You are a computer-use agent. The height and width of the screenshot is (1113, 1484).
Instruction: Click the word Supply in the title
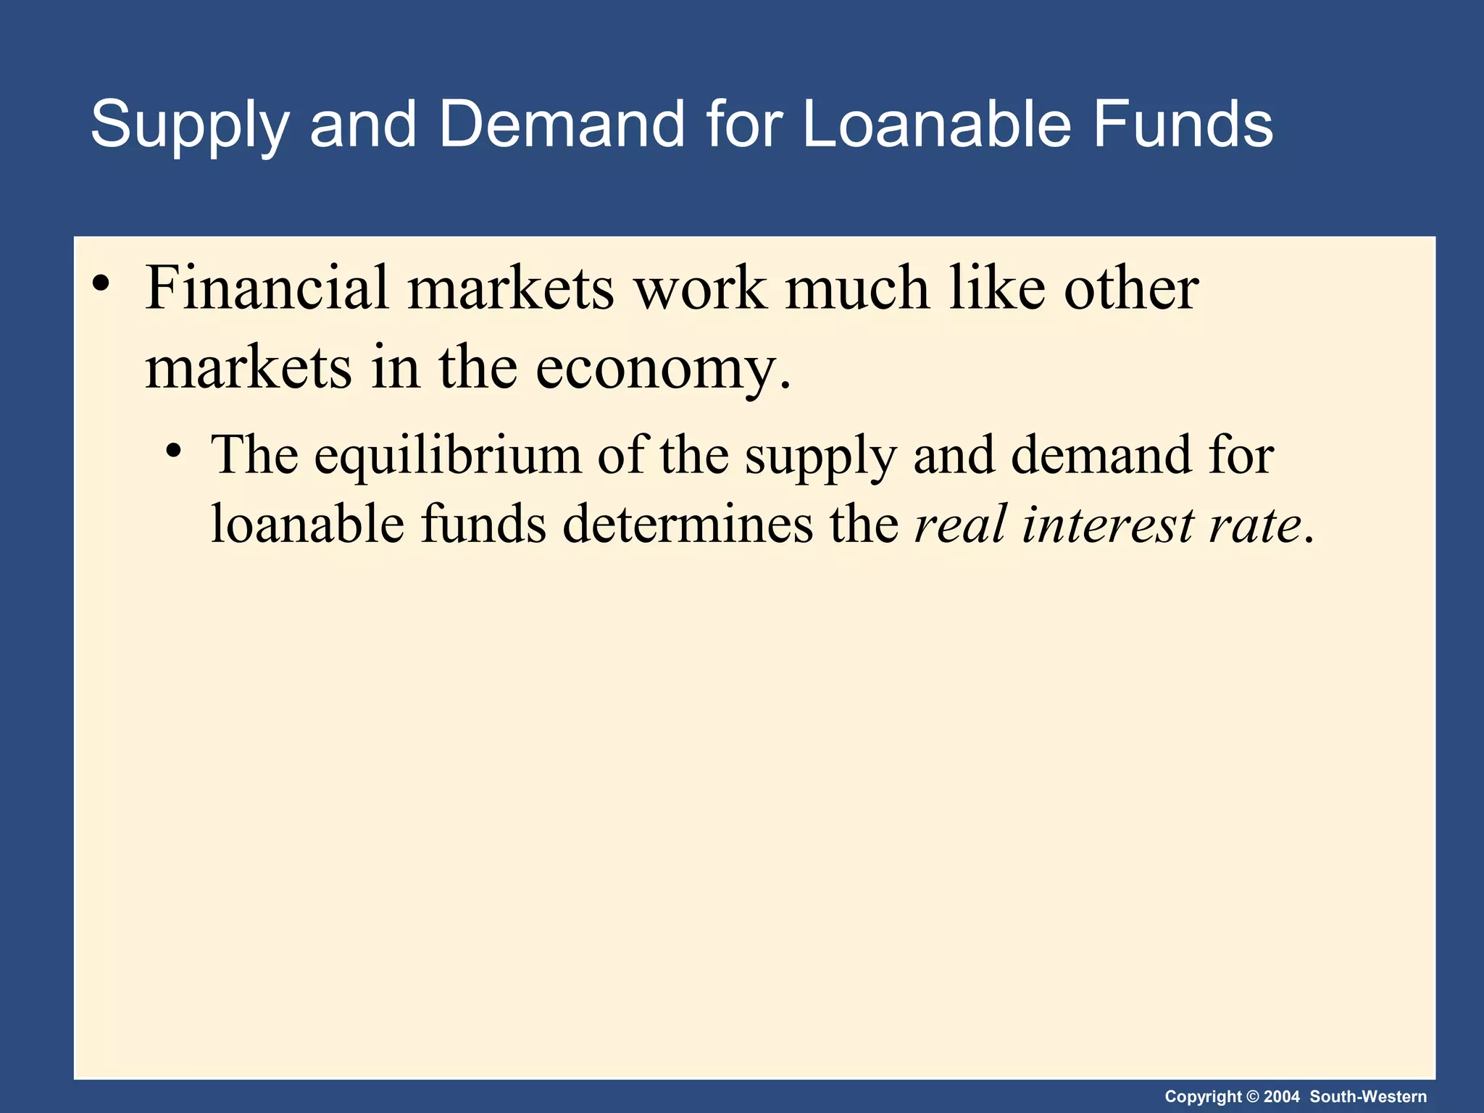189,125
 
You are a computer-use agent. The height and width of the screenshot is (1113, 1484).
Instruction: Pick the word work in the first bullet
700,288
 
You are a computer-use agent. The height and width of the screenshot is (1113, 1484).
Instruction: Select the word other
1131,288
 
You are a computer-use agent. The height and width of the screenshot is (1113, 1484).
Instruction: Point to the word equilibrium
448,455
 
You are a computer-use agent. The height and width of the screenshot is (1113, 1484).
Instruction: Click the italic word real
961,523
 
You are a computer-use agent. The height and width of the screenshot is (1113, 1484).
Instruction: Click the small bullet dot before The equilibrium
172,451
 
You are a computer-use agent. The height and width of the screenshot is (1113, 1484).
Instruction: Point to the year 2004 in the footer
1282,1097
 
